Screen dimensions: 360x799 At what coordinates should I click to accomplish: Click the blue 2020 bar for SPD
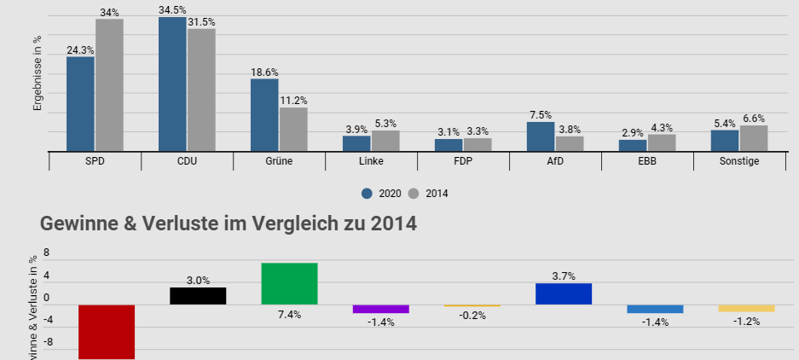[x=80, y=103]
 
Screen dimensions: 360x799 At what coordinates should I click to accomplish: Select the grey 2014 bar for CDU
[x=201, y=90]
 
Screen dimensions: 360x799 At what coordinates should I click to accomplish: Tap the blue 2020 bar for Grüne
[x=264, y=114]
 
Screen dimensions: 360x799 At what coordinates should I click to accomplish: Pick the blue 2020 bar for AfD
[x=541, y=136]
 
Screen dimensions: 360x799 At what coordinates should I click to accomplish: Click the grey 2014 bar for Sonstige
[x=754, y=138]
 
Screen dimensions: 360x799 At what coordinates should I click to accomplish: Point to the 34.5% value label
[x=173, y=9]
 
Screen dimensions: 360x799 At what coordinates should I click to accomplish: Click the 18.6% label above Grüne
[x=264, y=73]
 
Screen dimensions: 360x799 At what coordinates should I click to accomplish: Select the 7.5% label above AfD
[x=541, y=115]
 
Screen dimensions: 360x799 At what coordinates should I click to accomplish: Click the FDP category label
[x=463, y=161]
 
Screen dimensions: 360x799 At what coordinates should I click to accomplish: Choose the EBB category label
[x=647, y=161]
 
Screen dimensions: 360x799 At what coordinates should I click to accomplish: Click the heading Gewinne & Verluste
[x=228, y=224]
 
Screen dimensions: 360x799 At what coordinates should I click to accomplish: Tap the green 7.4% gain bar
[x=289, y=283]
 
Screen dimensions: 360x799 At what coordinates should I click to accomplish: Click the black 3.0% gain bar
[x=198, y=295]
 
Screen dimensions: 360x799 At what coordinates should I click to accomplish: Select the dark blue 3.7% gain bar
[x=564, y=293]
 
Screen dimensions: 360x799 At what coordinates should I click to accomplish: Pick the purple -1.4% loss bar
[x=380, y=309]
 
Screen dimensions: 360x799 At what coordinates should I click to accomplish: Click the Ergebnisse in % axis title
[x=38, y=74]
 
